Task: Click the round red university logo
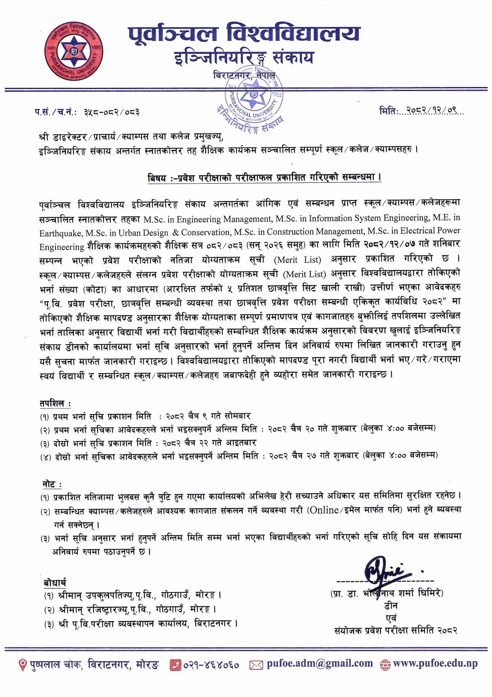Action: (x=74, y=52)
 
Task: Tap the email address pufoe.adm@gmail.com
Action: (x=319, y=663)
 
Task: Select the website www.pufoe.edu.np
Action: (x=435, y=663)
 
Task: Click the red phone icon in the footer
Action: (x=175, y=664)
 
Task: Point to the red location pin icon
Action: (x=23, y=664)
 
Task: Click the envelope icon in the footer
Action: (x=256, y=664)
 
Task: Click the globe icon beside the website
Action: (x=385, y=664)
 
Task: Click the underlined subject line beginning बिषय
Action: (x=264, y=178)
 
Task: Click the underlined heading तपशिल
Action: (x=54, y=403)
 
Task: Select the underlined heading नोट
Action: (x=52, y=484)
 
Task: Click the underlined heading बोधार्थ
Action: (x=55, y=583)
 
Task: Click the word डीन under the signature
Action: (x=390, y=606)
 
